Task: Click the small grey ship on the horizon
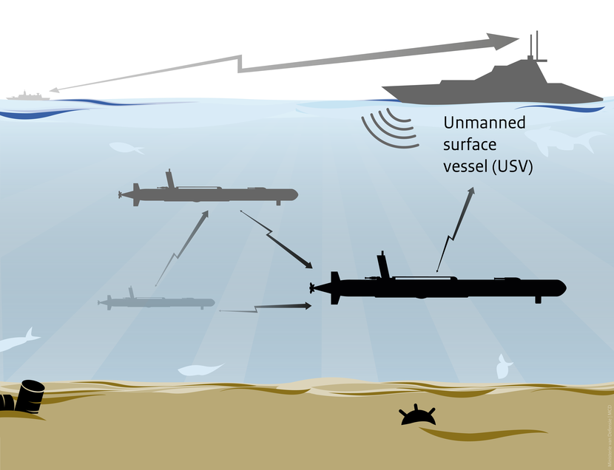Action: click(27, 95)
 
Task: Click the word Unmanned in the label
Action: click(484, 123)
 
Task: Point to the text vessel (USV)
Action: click(488, 167)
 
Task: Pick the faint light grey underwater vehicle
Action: click(159, 302)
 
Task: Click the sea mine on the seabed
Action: click(414, 416)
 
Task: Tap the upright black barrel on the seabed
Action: click(31, 395)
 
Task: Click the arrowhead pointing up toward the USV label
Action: click(471, 192)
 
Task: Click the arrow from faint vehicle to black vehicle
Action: click(266, 307)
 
